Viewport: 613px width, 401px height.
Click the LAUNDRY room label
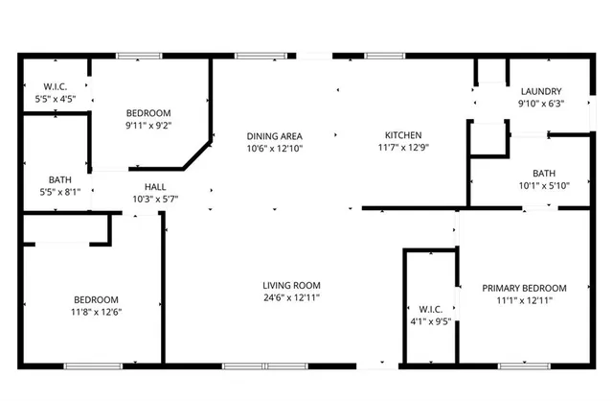coord(540,91)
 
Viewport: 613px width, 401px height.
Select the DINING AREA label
coord(274,136)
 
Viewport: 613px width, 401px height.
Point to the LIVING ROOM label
coord(292,285)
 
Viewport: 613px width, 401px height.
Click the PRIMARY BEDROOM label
coord(524,288)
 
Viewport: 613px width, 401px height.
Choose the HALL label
coord(155,186)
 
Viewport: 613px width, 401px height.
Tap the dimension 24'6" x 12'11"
coord(292,298)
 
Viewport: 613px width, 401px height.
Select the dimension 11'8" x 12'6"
coord(97,311)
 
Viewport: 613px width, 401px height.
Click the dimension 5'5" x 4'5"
coord(55,98)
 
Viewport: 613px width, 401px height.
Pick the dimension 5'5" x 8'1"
coord(59,192)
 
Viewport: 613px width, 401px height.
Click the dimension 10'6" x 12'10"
coord(274,149)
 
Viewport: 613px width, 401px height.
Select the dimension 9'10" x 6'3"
coord(540,104)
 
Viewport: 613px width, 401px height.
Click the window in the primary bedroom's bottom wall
coord(525,366)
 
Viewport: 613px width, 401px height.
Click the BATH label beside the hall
coord(59,179)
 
